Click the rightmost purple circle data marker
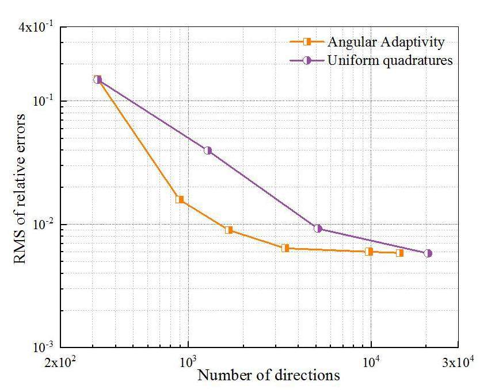428,253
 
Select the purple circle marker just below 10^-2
318,229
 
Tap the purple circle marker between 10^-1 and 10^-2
208,150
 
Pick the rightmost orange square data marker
400,253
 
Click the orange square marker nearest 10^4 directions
369,251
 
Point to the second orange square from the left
180,199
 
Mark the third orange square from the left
229,230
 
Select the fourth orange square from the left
285,248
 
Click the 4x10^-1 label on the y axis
36,28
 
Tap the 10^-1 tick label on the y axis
44,101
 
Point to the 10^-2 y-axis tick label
44,224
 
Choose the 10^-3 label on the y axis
44,347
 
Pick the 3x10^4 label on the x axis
458,362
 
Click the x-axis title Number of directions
268,376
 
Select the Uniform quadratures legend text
390,60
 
